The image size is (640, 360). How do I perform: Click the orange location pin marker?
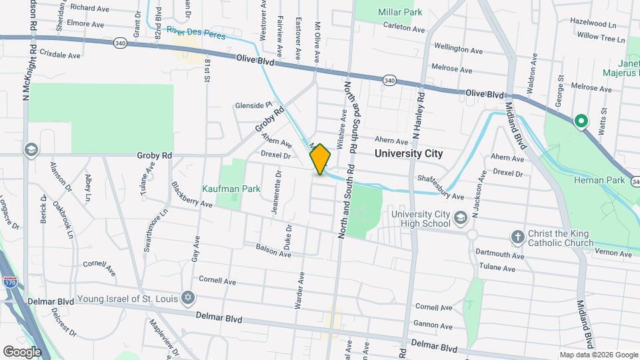point(320,159)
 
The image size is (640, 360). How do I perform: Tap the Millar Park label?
point(400,13)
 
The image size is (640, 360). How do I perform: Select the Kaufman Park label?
point(232,189)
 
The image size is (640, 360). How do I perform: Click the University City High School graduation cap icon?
point(460,217)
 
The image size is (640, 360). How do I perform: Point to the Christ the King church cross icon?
point(517,237)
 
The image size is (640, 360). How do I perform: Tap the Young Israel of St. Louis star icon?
point(188,298)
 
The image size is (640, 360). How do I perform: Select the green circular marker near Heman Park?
point(581,121)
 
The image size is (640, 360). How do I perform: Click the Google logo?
point(22,351)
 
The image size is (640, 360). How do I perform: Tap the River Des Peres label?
point(197,32)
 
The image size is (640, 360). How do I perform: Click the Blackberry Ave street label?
point(191,195)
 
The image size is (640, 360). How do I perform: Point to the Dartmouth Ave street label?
point(500,254)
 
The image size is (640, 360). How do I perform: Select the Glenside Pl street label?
point(253,105)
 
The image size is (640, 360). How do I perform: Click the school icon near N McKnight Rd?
point(30,149)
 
